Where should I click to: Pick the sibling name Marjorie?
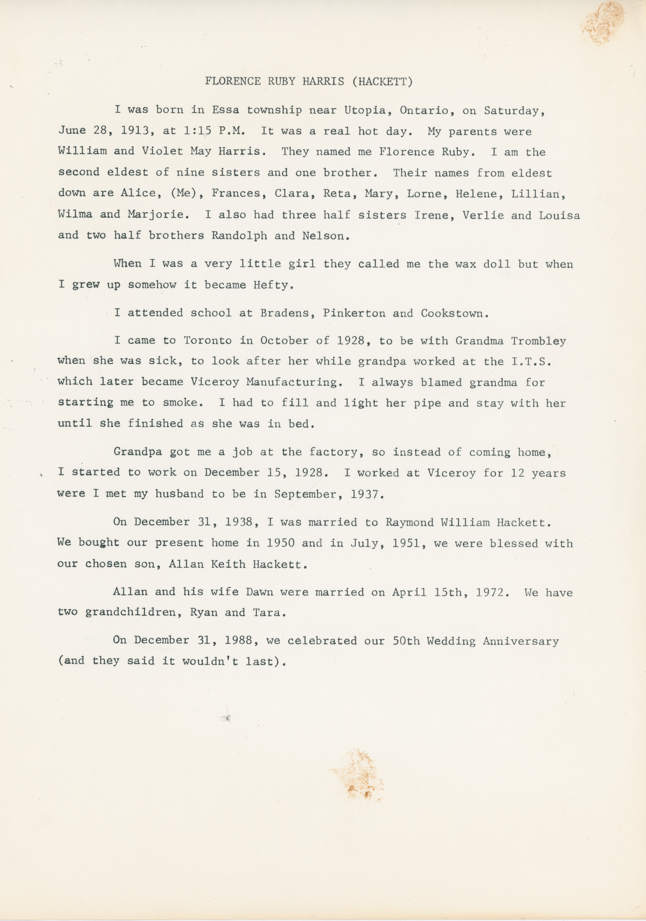coord(158,215)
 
